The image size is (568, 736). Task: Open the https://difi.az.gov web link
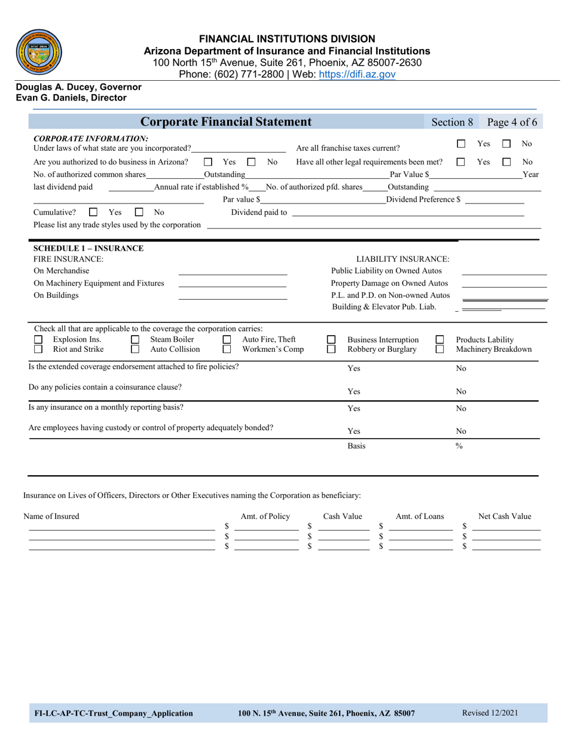tap(357, 74)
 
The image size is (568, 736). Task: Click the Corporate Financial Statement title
tap(225, 122)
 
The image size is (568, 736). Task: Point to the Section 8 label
tap(452, 122)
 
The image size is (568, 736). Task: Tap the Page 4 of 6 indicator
tap(512, 122)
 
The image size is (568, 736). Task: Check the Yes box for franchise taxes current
tap(461, 144)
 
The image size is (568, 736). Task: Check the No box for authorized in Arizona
tap(252, 162)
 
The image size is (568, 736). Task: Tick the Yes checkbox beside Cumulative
tap(93, 212)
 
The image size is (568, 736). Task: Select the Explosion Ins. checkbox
tap(38, 340)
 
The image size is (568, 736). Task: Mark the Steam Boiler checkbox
tap(135, 340)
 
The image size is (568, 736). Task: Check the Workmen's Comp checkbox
tap(227, 349)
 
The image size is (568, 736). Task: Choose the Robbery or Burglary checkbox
tap(331, 349)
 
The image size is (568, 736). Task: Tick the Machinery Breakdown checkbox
tap(439, 349)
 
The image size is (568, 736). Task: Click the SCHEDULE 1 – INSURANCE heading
tap(88, 248)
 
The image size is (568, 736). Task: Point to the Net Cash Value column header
tap(505, 516)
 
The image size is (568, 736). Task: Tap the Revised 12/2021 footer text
tap(490, 713)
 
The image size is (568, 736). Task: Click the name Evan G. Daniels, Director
tap(71, 98)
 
